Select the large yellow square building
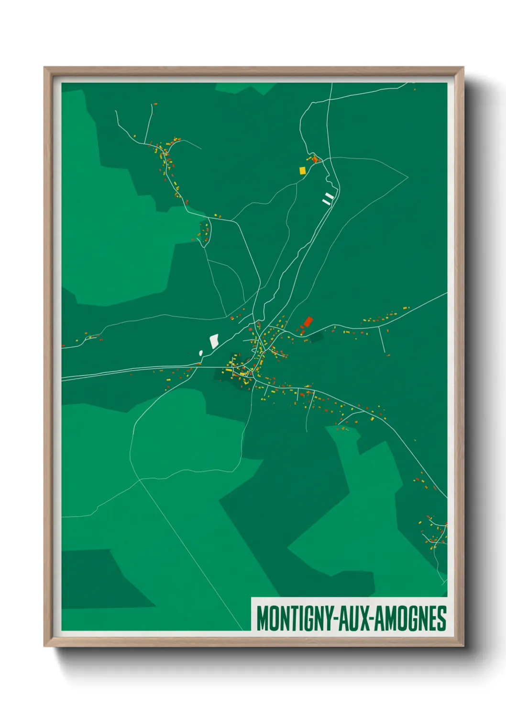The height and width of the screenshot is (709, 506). (302, 170)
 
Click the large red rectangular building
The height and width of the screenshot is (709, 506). (308, 321)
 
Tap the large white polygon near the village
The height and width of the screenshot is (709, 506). (214, 341)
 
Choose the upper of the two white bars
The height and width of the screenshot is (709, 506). (329, 195)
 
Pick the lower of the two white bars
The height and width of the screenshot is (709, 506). (327, 202)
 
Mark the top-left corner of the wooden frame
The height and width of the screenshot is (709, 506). (44, 68)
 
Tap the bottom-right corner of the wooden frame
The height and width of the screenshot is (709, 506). (463, 646)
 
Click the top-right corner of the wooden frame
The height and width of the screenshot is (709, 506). (463, 68)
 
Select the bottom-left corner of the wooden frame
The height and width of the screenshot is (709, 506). (44, 646)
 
